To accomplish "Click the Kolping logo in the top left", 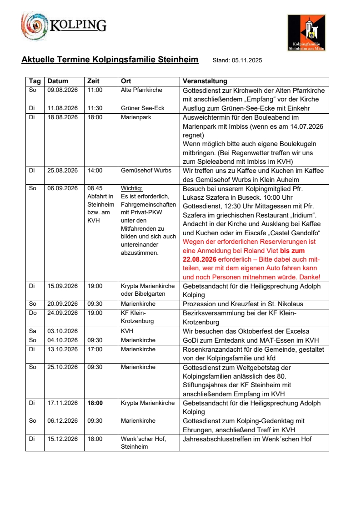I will tap(63, 25).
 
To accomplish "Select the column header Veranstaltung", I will tap(205, 81).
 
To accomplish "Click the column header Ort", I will tap(126, 81).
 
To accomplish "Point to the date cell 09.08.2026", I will tap(63, 90).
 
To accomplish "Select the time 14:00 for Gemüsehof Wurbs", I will tap(95, 170).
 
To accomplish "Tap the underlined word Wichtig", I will tap(132, 188).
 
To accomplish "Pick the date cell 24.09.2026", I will tap(63, 313).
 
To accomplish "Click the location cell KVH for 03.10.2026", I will tap(127, 331).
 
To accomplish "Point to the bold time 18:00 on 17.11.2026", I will tap(95, 403).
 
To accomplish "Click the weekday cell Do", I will tap(32, 313).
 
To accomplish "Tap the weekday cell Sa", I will tap(32, 331).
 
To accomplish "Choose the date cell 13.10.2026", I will tap(63, 349).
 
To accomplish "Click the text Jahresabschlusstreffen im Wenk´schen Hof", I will tap(247, 439).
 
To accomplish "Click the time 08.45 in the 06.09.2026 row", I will tap(95, 188).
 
